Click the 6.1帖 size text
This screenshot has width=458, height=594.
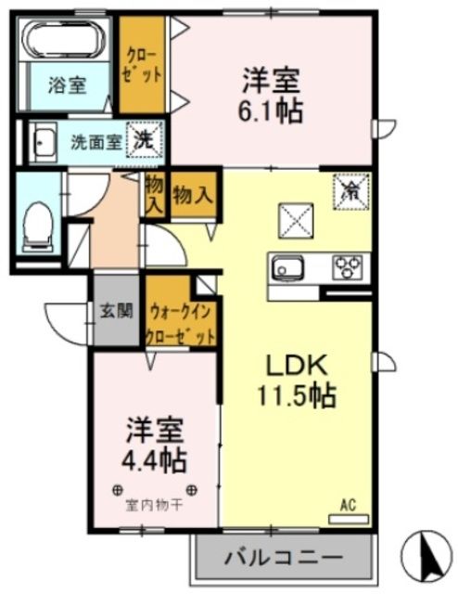tap(271, 111)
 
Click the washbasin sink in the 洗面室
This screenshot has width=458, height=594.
tap(42, 144)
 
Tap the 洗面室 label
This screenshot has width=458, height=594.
tap(96, 144)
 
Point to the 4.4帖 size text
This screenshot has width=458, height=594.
tap(155, 458)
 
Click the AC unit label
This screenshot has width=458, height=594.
tap(349, 506)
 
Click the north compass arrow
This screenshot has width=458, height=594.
tap(428, 554)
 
